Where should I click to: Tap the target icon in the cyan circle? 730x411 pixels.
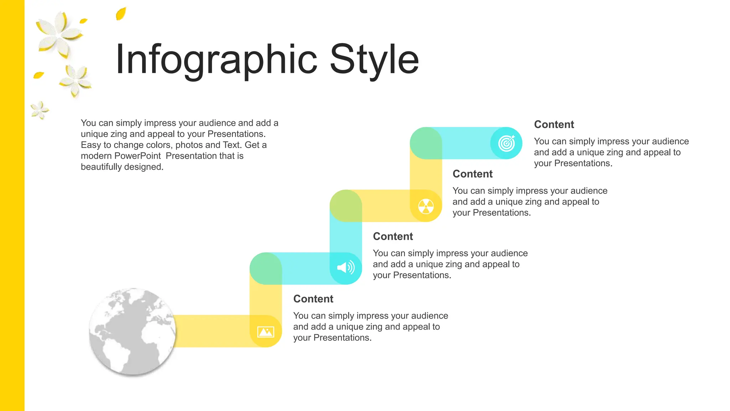click(x=507, y=143)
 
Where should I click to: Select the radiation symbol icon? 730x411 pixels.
click(x=426, y=206)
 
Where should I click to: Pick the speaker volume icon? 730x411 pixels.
click(x=346, y=268)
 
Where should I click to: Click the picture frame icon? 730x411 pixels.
click(x=266, y=332)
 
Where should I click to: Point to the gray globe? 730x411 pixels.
click(x=133, y=332)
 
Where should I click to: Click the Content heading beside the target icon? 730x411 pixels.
click(x=554, y=125)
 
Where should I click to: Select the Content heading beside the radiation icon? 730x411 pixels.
click(x=473, y=174)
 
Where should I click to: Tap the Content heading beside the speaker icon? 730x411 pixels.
click(x=393, y=236)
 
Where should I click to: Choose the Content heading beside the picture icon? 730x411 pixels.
click(x=313, y=299)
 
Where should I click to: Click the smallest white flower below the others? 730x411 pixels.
click(x=39, y=110)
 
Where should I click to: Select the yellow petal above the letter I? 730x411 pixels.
click(x=121, y=14)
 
